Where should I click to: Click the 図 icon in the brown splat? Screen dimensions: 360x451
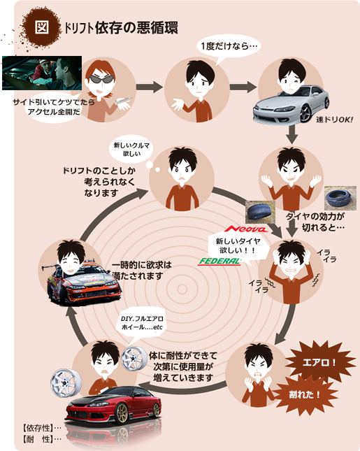(42, 27)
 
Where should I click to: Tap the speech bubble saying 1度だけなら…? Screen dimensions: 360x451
(229, 47)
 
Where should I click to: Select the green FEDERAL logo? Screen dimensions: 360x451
(219, 262)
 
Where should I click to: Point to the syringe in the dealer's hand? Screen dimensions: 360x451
(123, 101)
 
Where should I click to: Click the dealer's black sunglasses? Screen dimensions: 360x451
(101, 79)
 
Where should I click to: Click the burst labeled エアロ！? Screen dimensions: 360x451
(319, 361)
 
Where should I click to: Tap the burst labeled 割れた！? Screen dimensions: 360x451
(305, 394)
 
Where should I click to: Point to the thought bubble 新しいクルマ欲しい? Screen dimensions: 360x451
(131, 150)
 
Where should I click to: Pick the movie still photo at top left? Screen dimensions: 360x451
(42, 73)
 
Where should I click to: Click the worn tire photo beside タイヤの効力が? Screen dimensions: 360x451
(340, 198)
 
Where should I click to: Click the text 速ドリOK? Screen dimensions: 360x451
(334, 120)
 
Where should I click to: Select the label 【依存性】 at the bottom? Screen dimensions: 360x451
(37, 429)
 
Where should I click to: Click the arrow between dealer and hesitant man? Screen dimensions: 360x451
(150, 87)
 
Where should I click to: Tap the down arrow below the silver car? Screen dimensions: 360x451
(292, 134)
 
